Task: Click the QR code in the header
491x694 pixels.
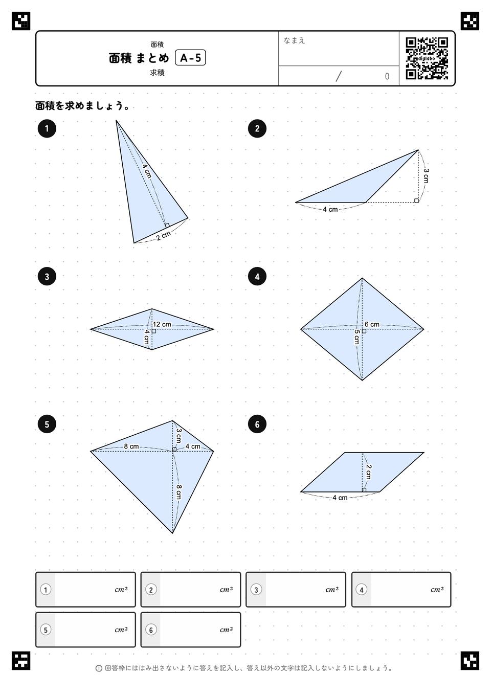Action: point(427,58)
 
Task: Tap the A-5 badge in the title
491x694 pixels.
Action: point(190,58)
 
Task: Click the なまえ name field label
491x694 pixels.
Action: point(294,40)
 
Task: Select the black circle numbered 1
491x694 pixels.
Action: point(47,128)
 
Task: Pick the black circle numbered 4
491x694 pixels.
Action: point(257,276)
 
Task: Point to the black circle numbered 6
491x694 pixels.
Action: point(257,424)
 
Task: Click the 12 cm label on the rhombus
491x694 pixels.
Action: point(162,324)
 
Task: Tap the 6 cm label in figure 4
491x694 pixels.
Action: point(372,324)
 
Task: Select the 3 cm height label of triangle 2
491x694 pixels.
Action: point(426,175)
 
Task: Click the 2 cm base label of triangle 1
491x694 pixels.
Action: point(163,235)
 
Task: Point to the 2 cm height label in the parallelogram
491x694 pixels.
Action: point(368,472)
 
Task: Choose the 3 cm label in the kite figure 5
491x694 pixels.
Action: point(178,435)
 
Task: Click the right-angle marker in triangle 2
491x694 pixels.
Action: point(416,200)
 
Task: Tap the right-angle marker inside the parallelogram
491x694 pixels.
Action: point(364,490)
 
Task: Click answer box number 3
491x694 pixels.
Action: point(296,589)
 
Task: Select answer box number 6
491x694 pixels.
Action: point(190,630)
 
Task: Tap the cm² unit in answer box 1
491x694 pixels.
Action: point(121,589)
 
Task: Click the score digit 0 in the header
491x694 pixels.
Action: point(387,76)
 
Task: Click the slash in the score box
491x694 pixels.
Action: point(339,76)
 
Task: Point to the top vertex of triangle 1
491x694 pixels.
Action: point(116,120)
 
